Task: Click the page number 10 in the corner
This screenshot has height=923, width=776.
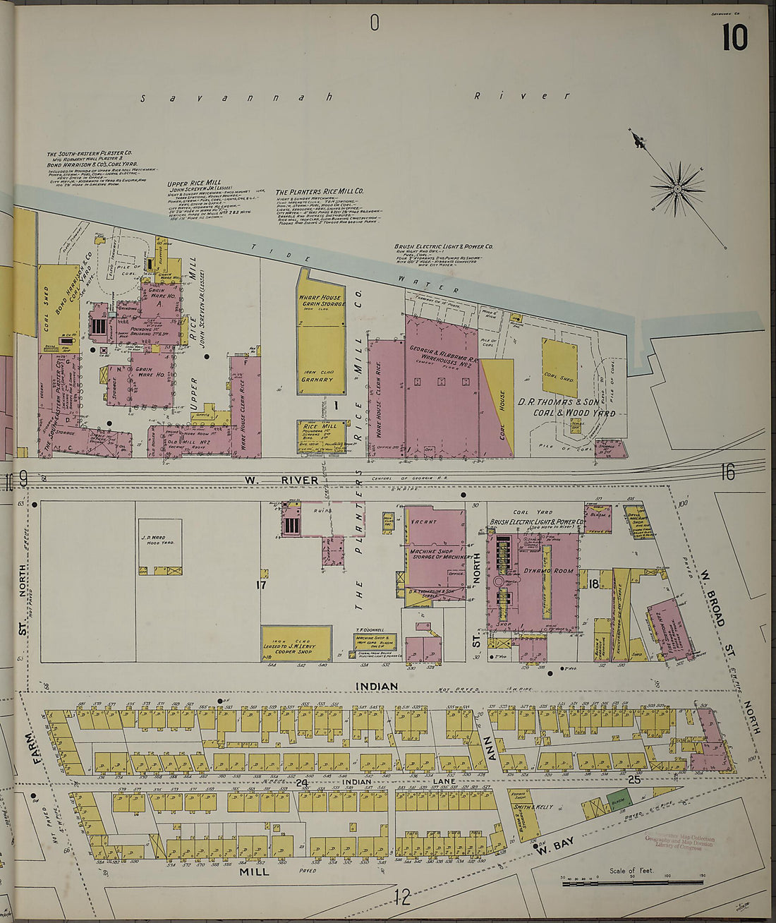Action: pyautogui.click(x=734, y=37)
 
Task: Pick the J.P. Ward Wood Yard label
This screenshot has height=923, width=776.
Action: pyautogui.click(x=159, y=543)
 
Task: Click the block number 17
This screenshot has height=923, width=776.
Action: pyautogui.click(x=262, y=584)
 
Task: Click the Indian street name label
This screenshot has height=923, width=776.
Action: pyautogui.click(x=376, y=686)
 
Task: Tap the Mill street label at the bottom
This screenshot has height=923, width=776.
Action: pyautogui.click(x=249, y=872)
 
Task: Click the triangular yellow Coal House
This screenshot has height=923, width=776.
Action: pyautogui.click(x=499, y=409)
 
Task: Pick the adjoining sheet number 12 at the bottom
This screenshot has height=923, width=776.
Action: pyautogui.click(x=402, y=898)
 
